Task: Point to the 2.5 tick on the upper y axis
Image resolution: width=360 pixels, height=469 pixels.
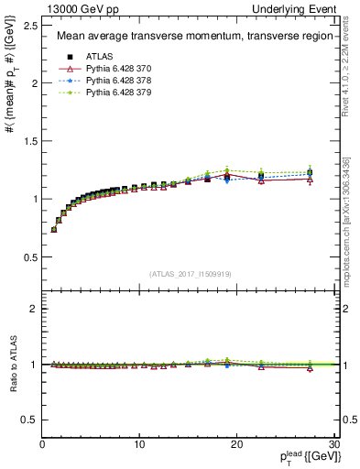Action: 29,26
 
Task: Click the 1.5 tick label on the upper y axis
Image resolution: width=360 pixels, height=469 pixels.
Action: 29,141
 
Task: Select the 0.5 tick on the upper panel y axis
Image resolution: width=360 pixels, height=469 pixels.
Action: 29,256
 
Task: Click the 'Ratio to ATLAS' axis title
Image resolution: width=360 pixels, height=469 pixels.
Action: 12,365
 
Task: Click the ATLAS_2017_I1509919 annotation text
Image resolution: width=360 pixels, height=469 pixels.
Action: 190,273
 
